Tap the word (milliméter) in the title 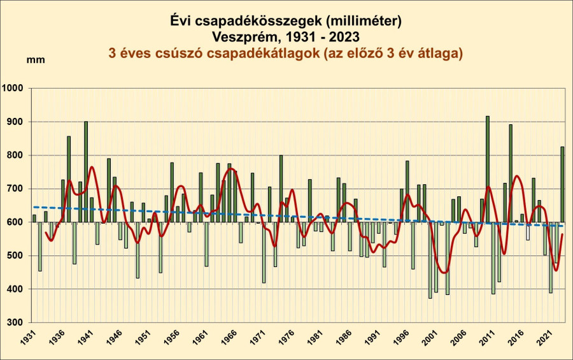(x=362, y=22)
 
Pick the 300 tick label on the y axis (x=17, y=323)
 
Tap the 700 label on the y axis (x=17, y=189)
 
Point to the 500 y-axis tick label (x=17, y=256)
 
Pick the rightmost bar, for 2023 (x=562, y=185)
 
